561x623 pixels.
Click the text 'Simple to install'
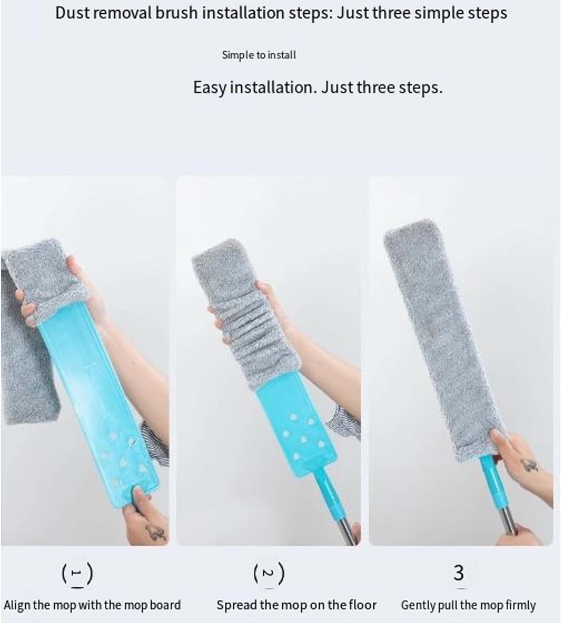[259, 55]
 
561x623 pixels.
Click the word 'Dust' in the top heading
[72, 13]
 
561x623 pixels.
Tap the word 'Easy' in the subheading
[210, 88]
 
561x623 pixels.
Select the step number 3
[458, 573]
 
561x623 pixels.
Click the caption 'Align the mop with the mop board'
[92, 605]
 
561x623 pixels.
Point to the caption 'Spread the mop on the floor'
[296, 605]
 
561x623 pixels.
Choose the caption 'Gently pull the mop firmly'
[468, 606]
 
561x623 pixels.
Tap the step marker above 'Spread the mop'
[269, 573]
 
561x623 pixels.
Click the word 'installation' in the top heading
[243, 13]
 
